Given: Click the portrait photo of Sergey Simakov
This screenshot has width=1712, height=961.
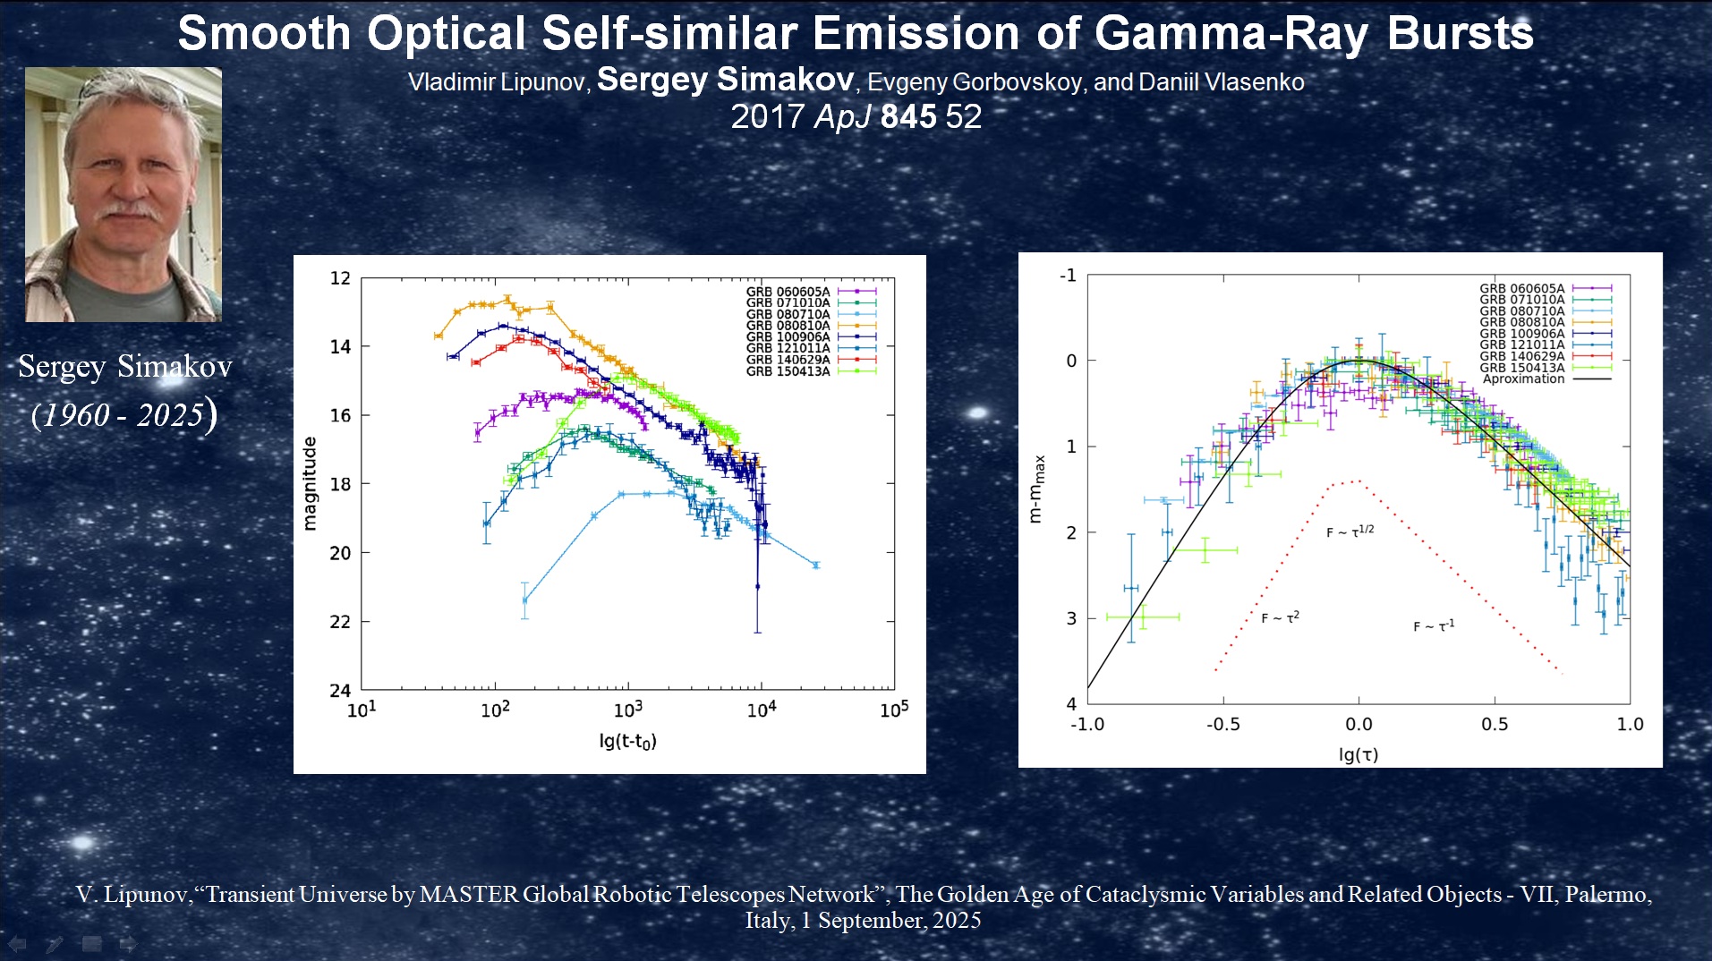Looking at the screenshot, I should [x=124, y=194].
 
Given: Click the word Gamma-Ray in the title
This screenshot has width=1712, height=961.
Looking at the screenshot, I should [x=1231, y=34].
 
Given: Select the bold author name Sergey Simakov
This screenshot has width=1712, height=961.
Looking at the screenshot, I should [x=725, y=80].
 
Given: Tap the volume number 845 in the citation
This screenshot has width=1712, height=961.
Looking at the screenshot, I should [x=908, y=117].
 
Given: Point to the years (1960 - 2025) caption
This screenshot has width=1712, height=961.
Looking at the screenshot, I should [x=124, y=414].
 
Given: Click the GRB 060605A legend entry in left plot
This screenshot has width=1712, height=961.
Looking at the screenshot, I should [x=788, y=292].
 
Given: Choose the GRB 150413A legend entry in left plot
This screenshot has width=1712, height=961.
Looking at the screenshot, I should [x=788, y=371].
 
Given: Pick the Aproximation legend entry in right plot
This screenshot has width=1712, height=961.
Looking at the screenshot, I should [x=1523, y=379].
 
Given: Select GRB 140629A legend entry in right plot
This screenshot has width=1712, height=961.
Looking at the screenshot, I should [x=1521, y=356].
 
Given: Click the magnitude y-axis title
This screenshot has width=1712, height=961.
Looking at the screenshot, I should [x=310, y=484].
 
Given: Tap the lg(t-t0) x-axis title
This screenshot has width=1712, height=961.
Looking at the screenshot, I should [x=627, y=741].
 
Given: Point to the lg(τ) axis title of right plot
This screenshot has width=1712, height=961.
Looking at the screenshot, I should [x=1358, y=754].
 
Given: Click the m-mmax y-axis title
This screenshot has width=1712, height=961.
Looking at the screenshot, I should [x=1036, y=489].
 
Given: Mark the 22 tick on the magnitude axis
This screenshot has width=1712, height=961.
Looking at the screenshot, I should [x=340, y=622].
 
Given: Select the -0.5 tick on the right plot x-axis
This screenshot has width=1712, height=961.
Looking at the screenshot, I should [x=1222, y=724].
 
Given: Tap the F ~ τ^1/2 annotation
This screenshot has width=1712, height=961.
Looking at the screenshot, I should [x=1350, y=532].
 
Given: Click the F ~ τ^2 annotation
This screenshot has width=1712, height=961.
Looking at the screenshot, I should [x=1280, y=617].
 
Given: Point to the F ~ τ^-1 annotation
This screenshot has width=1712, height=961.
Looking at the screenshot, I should [x=1434, y=625].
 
